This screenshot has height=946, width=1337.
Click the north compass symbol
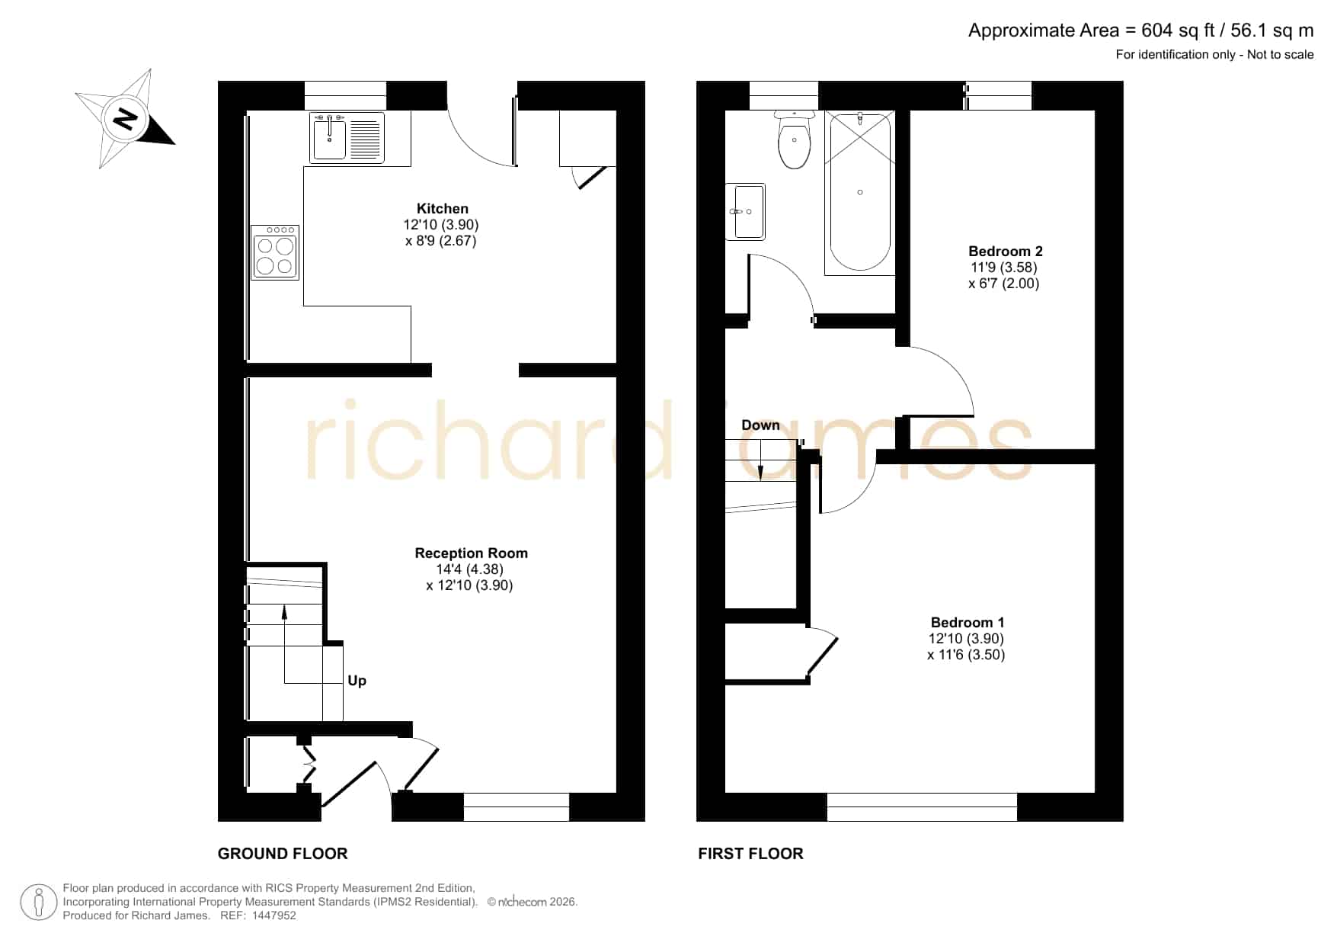coord(125,119)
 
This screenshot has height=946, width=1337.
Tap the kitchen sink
coord(347,137)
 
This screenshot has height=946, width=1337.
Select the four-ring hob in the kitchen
coord(275,252)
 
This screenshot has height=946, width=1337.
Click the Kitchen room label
coord(443,209)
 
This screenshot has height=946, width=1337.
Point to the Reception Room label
coord(471,553)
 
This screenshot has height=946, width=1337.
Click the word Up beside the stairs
coord(357,681)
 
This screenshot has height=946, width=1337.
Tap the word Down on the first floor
coord(760,425)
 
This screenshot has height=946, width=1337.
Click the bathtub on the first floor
coord(859,193)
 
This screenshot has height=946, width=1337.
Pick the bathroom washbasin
coord(745,212)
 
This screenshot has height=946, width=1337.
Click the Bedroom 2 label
coord(1006,252)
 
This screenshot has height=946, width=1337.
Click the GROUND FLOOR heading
coord(283,854)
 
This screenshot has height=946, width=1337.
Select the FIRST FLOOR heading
coord(750,854)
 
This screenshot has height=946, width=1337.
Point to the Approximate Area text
coord(1140,30)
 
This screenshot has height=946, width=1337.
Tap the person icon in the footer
coord(38,903)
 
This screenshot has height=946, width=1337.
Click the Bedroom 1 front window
coord(922,807)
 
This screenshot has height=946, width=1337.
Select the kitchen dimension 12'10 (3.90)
coord(441,225)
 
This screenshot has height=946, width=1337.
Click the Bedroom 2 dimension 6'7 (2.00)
coord(1004,284)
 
